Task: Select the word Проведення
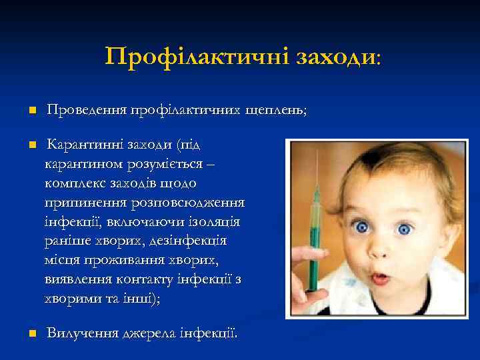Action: point(87,111)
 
